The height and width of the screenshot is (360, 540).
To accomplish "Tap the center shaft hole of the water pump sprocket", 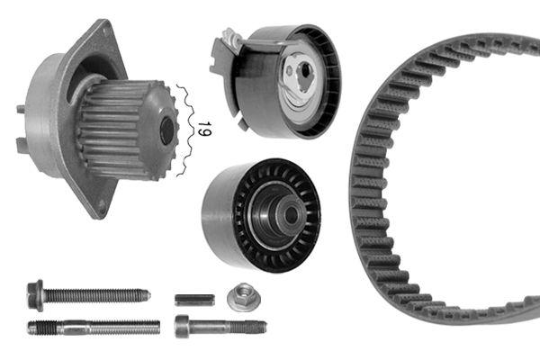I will [x=166, y=131].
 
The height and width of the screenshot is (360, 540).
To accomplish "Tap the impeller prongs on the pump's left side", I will [x=21, y=126].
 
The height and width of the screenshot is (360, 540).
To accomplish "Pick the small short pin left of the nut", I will [x=194, y=299].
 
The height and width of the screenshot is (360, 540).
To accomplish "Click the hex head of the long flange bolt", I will [x=36, y=292].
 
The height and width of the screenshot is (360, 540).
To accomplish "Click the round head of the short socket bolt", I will [x=184, y=326].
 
